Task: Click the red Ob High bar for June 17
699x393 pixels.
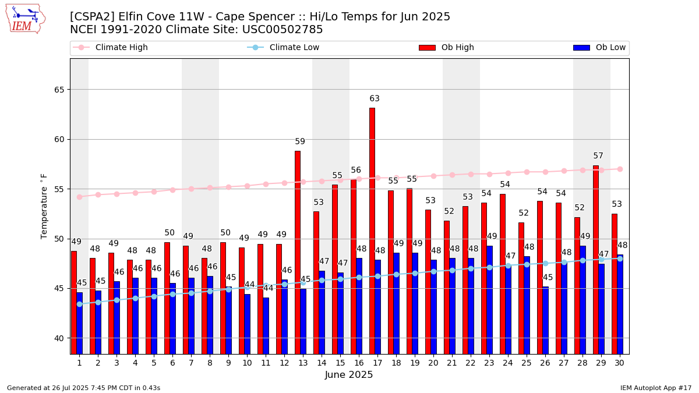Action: [x=372, y=230]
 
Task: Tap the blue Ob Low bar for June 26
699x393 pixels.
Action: [x=545, y=320]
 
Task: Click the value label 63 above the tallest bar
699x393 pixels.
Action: [x=375, y=99]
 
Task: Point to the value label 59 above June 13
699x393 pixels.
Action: [x=300, y=141]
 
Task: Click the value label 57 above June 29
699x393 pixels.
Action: [x=598, y=156]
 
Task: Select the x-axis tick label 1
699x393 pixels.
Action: [x=79, y=363]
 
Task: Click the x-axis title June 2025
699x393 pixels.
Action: [x=348, y=375]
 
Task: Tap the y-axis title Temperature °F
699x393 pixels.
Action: [x=44, y=206]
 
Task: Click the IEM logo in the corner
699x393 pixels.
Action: [x=25, y=19]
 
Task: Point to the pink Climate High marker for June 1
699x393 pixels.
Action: [x=79, y=197]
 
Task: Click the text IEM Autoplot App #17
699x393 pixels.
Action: [x=655, y=388]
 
